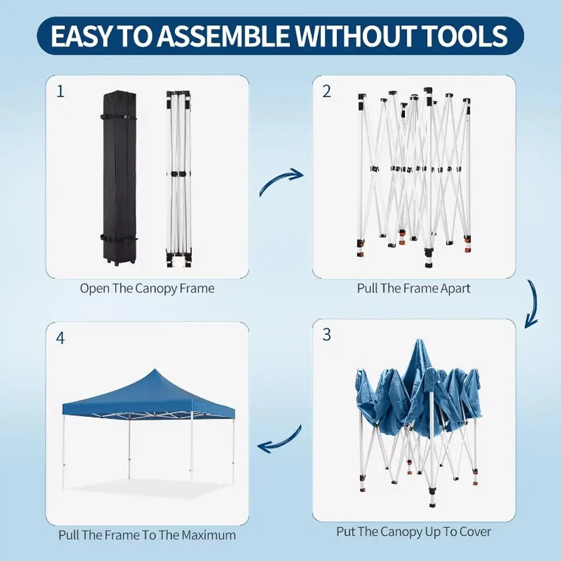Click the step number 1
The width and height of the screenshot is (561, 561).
coord(60,91)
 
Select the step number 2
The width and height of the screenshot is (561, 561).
coord(327,91)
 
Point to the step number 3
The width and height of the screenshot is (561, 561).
coord(327,335)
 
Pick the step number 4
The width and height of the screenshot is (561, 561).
coord(60,338)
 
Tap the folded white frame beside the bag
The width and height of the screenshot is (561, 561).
coord(179,179)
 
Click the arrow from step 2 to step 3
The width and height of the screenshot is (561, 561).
coord(533,304)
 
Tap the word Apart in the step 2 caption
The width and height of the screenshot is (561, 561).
coord(455,288)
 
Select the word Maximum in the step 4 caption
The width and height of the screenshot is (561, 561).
coord(209,535)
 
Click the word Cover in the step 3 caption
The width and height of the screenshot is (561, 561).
coord(475,531)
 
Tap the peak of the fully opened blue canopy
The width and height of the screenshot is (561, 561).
coord(155,369)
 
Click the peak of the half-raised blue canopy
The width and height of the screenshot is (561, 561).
coord(419,340)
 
